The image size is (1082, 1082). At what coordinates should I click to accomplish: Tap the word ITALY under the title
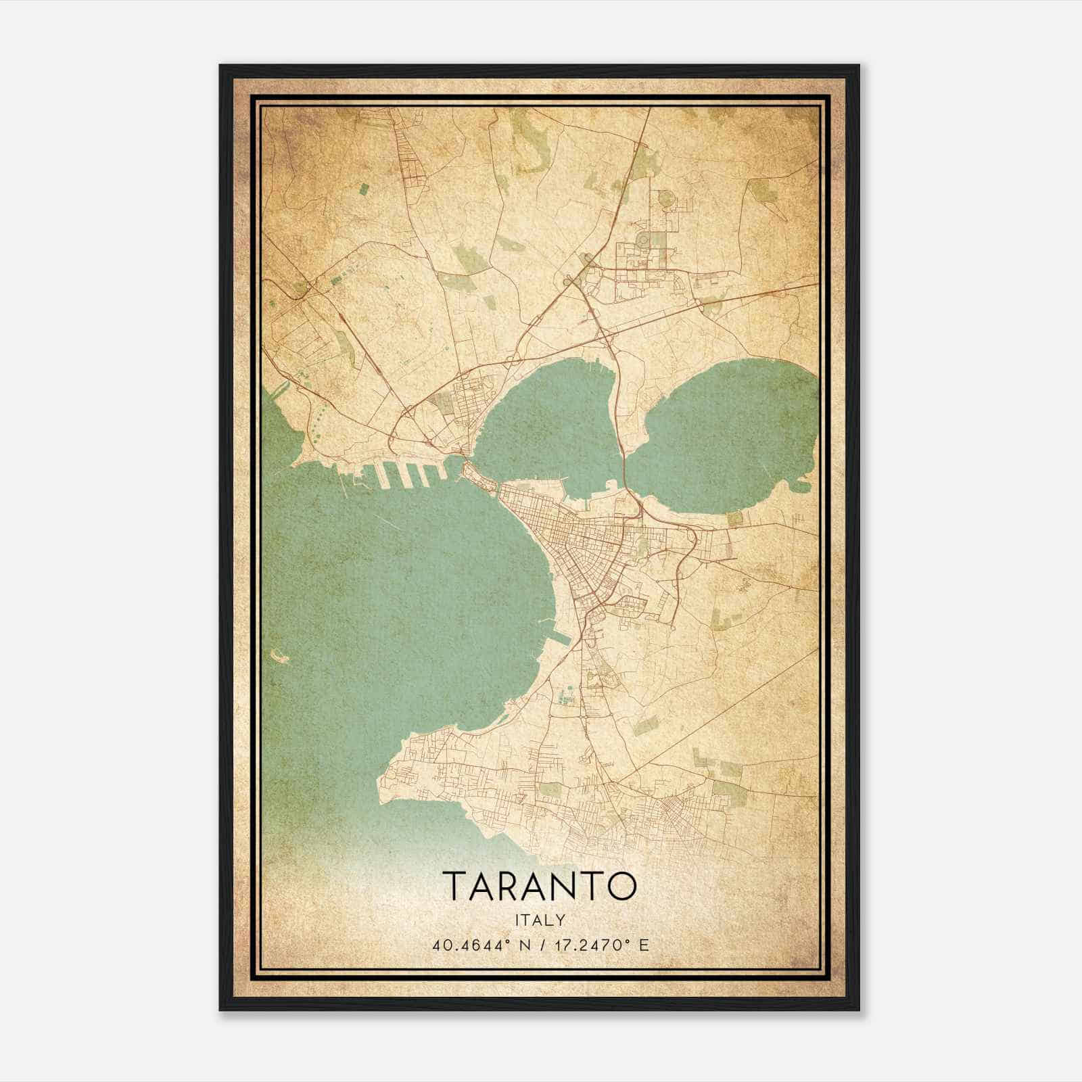click(x=540, y=920)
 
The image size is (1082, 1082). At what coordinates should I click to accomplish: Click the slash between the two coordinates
click(x=535, y=945)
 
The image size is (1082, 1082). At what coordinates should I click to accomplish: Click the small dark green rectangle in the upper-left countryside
click(x=364, y=189)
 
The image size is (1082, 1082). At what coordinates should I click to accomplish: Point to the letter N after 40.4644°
click(x=519, y=945)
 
